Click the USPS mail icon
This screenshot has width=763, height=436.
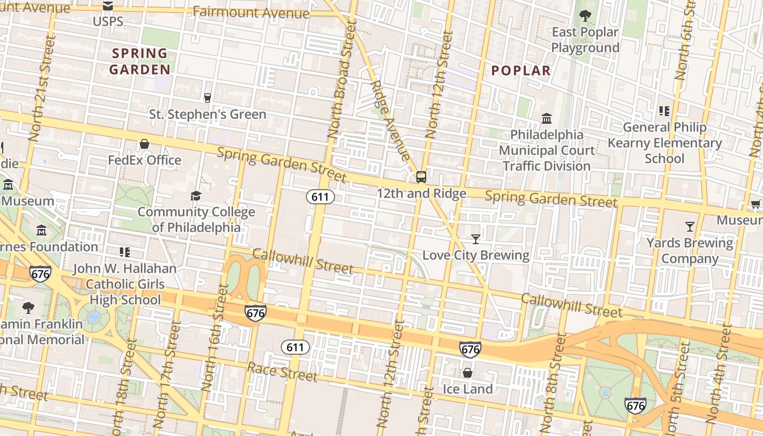[108, 6]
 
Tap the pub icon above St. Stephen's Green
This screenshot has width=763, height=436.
[207, 98]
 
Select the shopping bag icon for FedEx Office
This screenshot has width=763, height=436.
[144, 144]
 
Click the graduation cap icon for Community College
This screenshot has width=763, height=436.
[196, 196]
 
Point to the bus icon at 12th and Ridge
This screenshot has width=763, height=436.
[421, 177]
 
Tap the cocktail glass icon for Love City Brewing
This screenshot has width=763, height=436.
[476, 239]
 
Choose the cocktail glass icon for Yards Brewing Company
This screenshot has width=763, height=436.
[690, 226]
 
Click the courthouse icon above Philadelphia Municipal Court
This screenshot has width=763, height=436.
[547, 118]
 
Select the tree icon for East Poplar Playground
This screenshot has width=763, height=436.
[585, 16]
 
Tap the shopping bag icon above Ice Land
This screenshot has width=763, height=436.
[467, 373]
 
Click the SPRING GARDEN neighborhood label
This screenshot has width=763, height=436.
[140, 62]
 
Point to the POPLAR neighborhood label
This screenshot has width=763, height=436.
[521, 71]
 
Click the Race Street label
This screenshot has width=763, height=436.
[282, 372]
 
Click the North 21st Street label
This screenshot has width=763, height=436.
[43, 87]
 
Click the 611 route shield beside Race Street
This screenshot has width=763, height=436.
[295, 347]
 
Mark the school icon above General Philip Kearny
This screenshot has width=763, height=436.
[664, 111]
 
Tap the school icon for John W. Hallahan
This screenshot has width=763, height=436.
[125, 252]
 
